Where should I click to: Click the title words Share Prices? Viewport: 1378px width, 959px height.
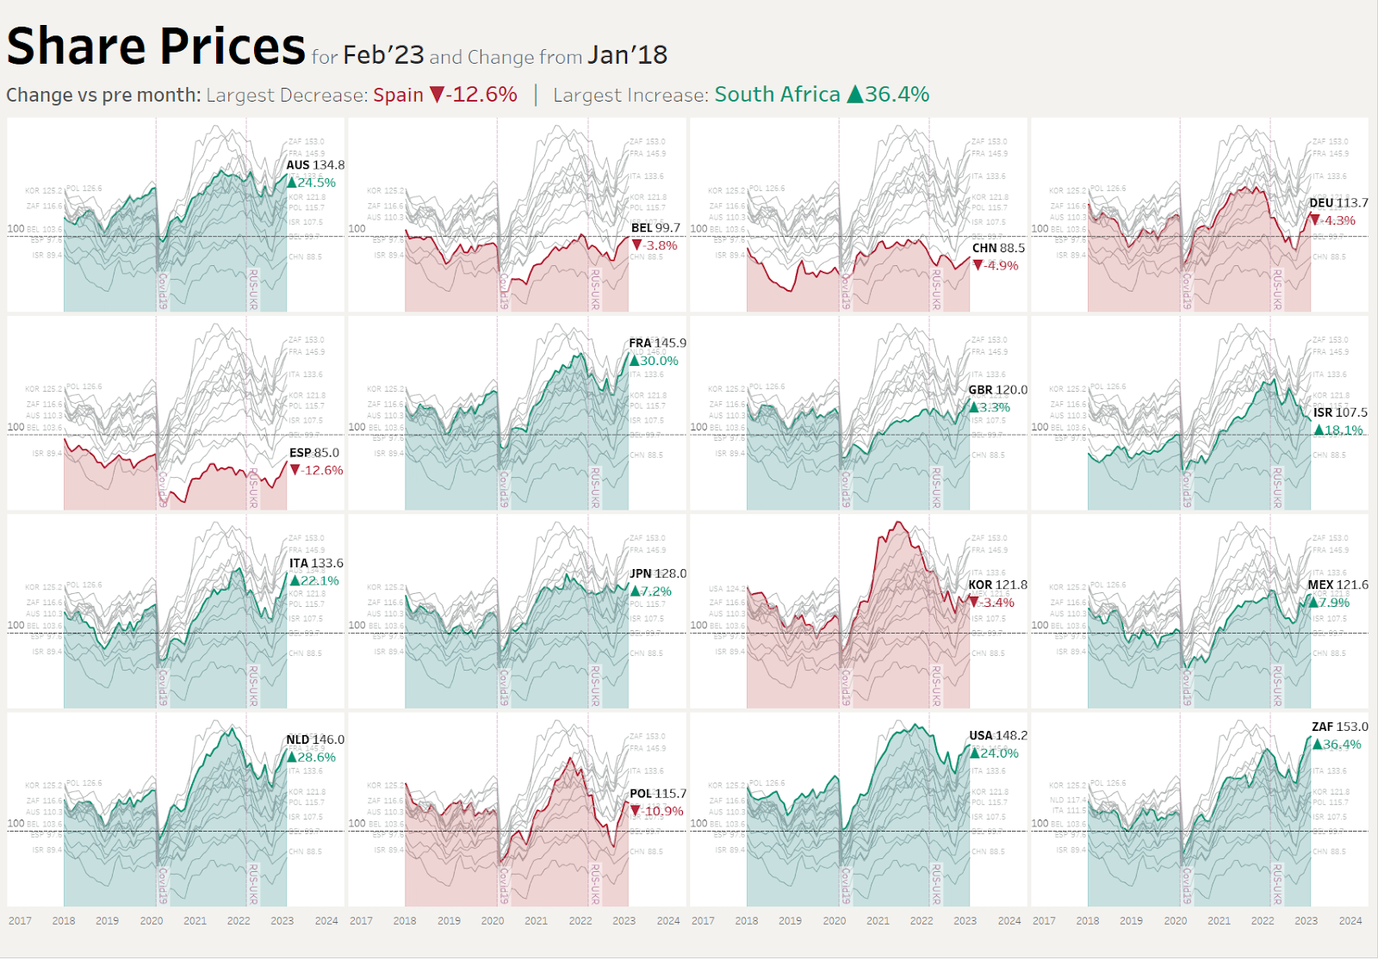pos(156,46)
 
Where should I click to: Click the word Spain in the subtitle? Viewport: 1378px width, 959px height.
pos(398,95)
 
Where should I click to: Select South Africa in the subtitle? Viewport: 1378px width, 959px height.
pos(777,95)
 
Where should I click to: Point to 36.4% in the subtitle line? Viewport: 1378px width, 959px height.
pos(897,95)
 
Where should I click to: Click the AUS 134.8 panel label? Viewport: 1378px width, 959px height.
pos(315,165)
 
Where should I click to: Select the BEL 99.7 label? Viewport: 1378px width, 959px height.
pos(655,228)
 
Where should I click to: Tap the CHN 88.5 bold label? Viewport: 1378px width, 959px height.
pos(998,248)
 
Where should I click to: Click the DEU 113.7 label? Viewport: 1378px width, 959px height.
pos(1338,203)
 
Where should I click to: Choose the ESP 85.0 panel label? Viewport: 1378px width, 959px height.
pos(313,453)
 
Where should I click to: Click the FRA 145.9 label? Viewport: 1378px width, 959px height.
pos(657,343)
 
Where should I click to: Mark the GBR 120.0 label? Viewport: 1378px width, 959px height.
pos(997,390)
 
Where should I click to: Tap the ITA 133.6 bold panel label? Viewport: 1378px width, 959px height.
pos(316,563)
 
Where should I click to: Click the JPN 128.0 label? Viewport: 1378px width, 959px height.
pos(658,573)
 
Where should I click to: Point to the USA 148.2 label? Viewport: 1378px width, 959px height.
pos(998,735)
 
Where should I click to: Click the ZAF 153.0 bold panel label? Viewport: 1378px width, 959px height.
pos(1339,727)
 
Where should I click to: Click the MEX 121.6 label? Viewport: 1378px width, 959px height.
pos(1338,585)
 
